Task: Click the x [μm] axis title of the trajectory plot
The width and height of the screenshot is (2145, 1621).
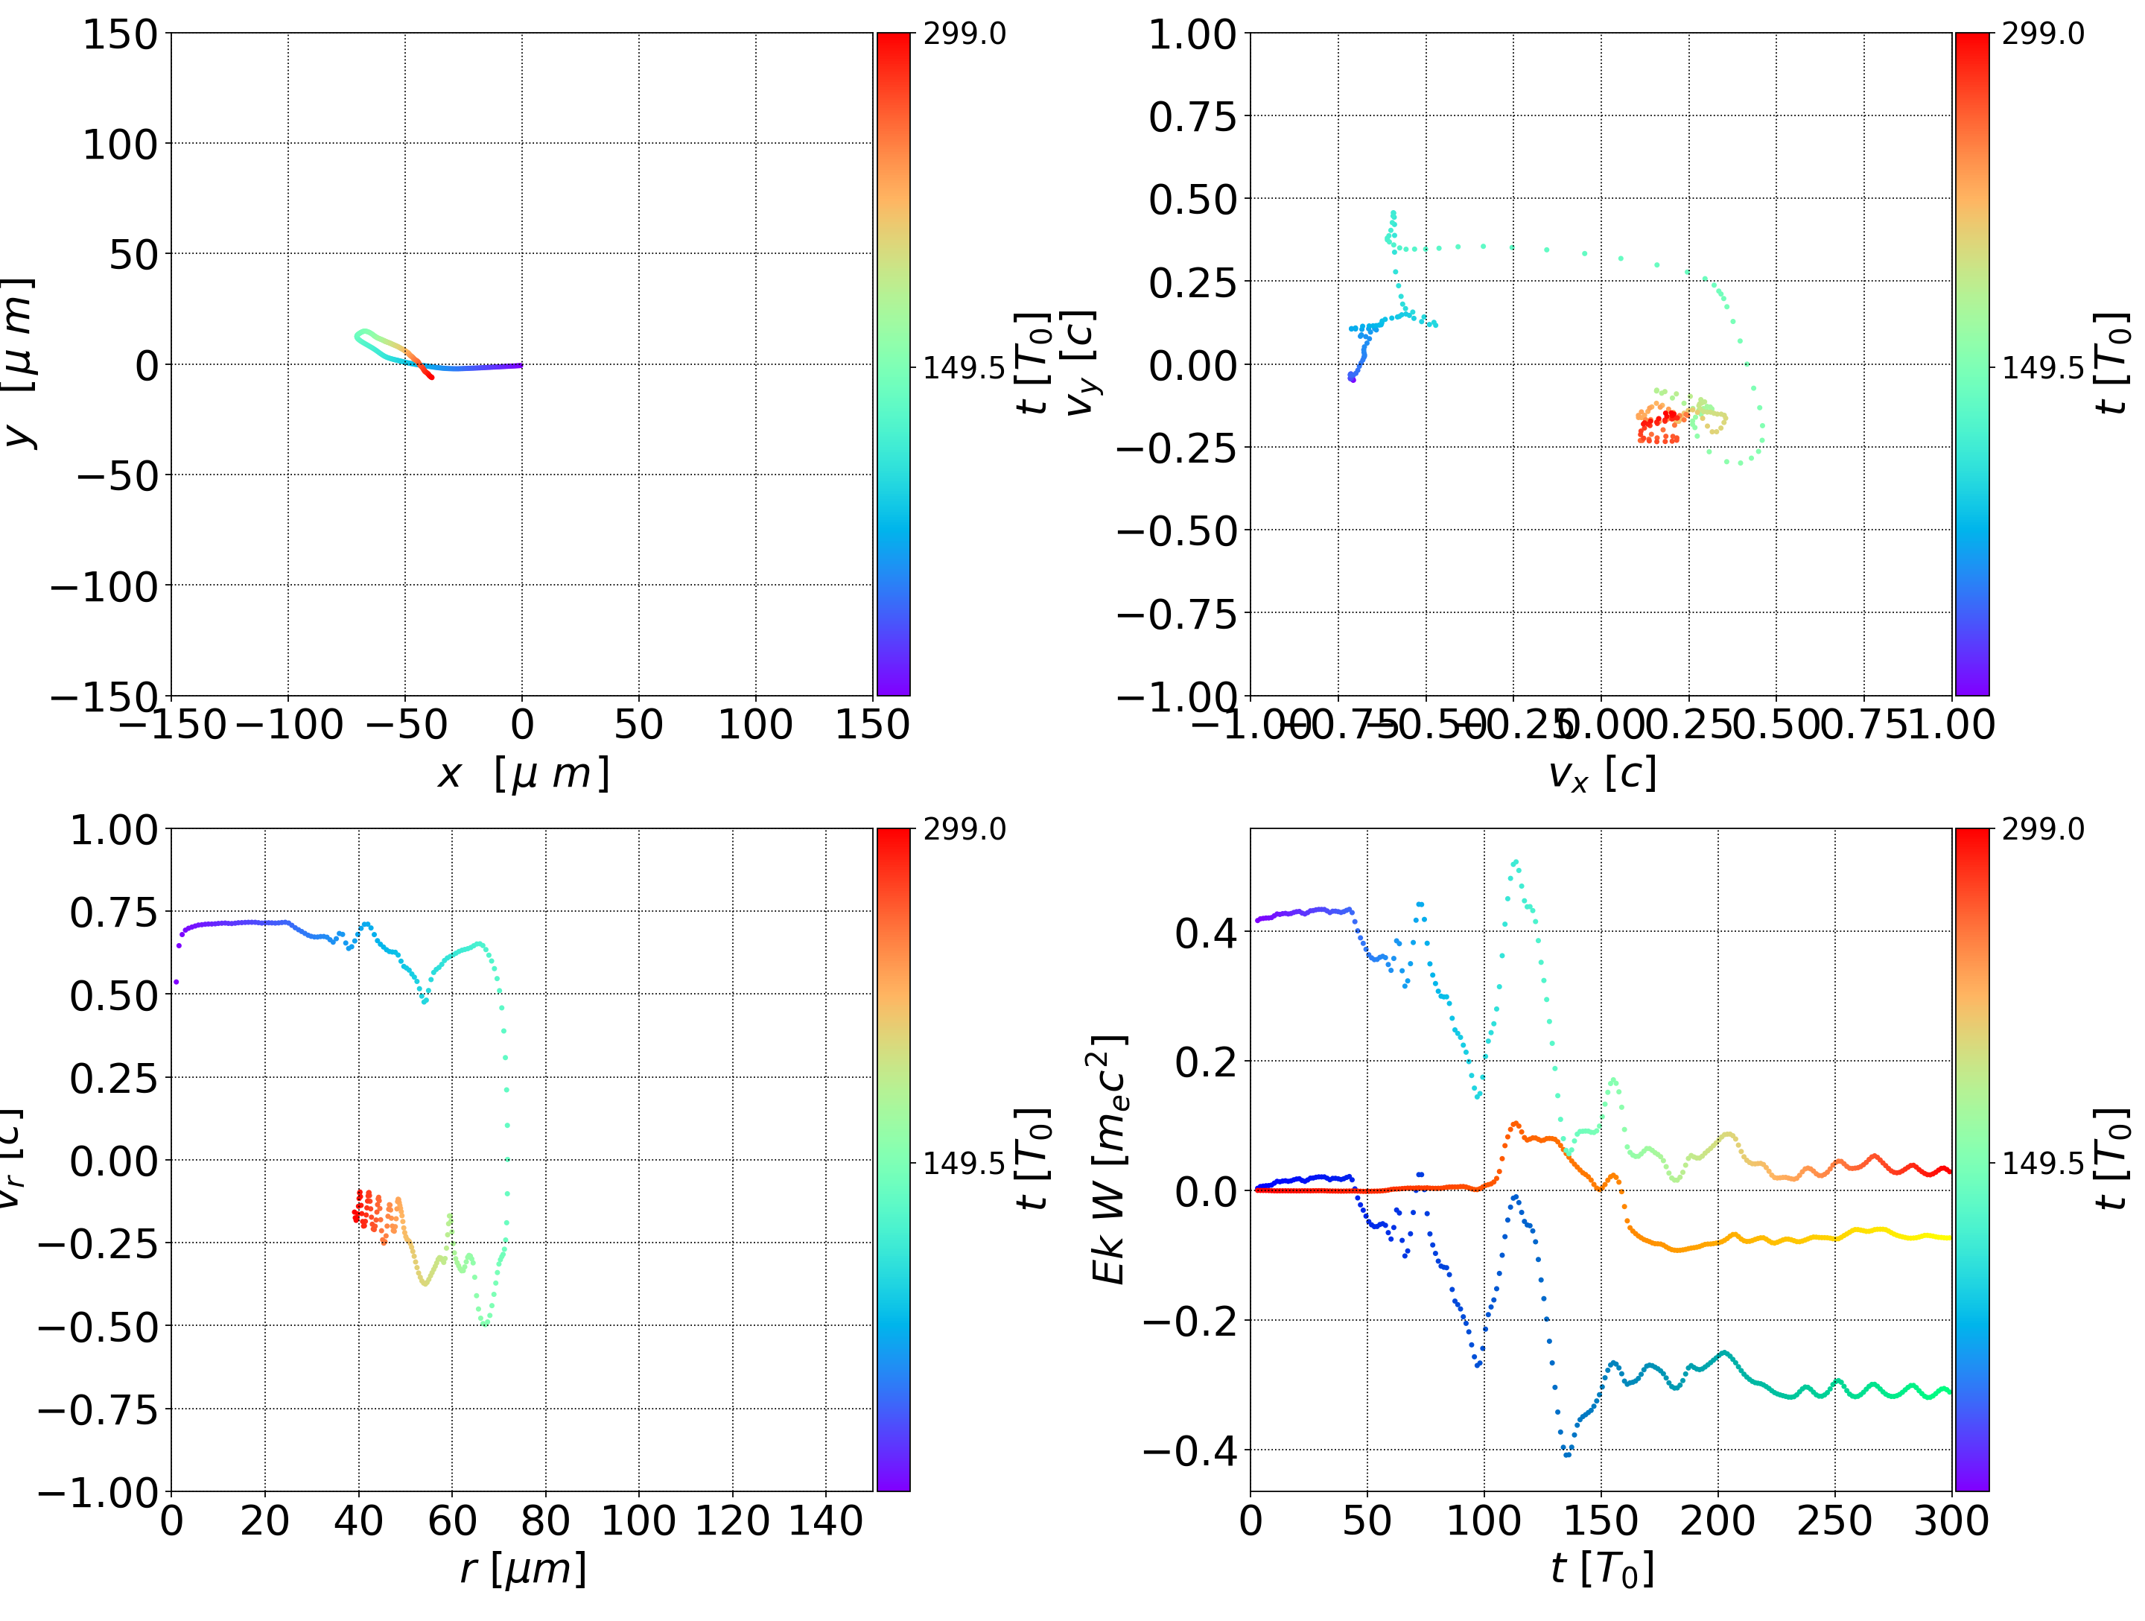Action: pyautogui.click(x=523, y=774)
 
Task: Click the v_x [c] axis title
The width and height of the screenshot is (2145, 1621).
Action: pyautogui.click(x=1601, y=774)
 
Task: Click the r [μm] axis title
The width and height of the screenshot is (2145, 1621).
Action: pyautogui.click(x=523, y=1569)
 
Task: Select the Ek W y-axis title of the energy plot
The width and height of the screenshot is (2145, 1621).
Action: pyautogui.click(x=1108, y=1159)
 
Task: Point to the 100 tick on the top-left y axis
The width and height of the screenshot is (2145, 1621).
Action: pyautogui.click(x=119, y=145)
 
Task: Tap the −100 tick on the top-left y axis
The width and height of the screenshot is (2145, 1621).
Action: pyautogui.click(x=104, y=587)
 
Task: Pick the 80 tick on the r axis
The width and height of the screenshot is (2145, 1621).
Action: pyautogui.click(x=545, y=1520)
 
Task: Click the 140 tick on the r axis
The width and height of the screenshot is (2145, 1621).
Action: pyautogui.click(x=825, y=1520)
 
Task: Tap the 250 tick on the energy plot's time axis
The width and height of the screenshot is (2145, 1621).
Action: pyautogui.click(x=1834, y=1520)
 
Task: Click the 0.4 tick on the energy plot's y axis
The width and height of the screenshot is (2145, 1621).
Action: pyautogui.click(x=1205, y=933)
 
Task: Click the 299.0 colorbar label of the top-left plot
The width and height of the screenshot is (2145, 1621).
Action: pyautogui.click(x=964, y=34)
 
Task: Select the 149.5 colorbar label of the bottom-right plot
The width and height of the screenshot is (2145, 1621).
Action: pyautogui.click(x=2042, y=1162)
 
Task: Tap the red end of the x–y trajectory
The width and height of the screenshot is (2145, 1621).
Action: pyautogui.click(x=431, y=376)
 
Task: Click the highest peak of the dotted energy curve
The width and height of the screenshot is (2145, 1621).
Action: pyautogui.click(x=1515, y=861)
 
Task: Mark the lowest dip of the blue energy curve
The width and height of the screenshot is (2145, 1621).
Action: pyautogui.click(x=1567, y=1455)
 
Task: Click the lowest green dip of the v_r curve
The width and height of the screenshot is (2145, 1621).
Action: pyautogui.click(x=484, y=1322)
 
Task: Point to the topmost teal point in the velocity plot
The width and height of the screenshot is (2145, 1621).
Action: pyautogui.click(x=1394, y=212)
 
